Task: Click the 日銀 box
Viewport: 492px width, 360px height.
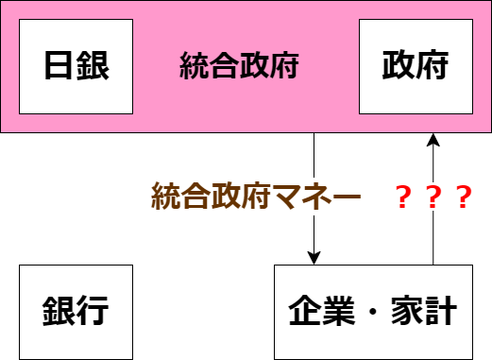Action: tap(76, 66)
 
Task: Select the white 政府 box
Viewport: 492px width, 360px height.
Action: tap(415, 66)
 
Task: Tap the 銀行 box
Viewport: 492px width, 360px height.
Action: tap(76, 312)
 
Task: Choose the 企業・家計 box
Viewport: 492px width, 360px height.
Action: tap(372, 312)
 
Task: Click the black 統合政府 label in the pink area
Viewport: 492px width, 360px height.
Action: tap(239, 66)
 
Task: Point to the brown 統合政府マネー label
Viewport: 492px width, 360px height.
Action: tap(256, 197)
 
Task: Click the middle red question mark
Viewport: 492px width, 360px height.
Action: tap(433, 197)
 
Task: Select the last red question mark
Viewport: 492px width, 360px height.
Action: tap(463, 197)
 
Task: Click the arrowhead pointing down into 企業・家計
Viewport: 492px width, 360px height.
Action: tap(314, 257)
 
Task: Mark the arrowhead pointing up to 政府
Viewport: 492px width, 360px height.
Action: tap(433, 142)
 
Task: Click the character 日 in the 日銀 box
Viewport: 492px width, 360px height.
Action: tap(59, 66)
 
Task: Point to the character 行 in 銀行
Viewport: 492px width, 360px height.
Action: tap(93, 312)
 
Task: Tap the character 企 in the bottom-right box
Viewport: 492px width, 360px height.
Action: tap(303, 312)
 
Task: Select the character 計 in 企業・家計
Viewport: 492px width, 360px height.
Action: tap(441, 312)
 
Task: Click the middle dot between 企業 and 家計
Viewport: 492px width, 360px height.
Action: tap(372, 312)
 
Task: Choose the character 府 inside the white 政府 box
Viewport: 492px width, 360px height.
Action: tap(433, 66)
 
